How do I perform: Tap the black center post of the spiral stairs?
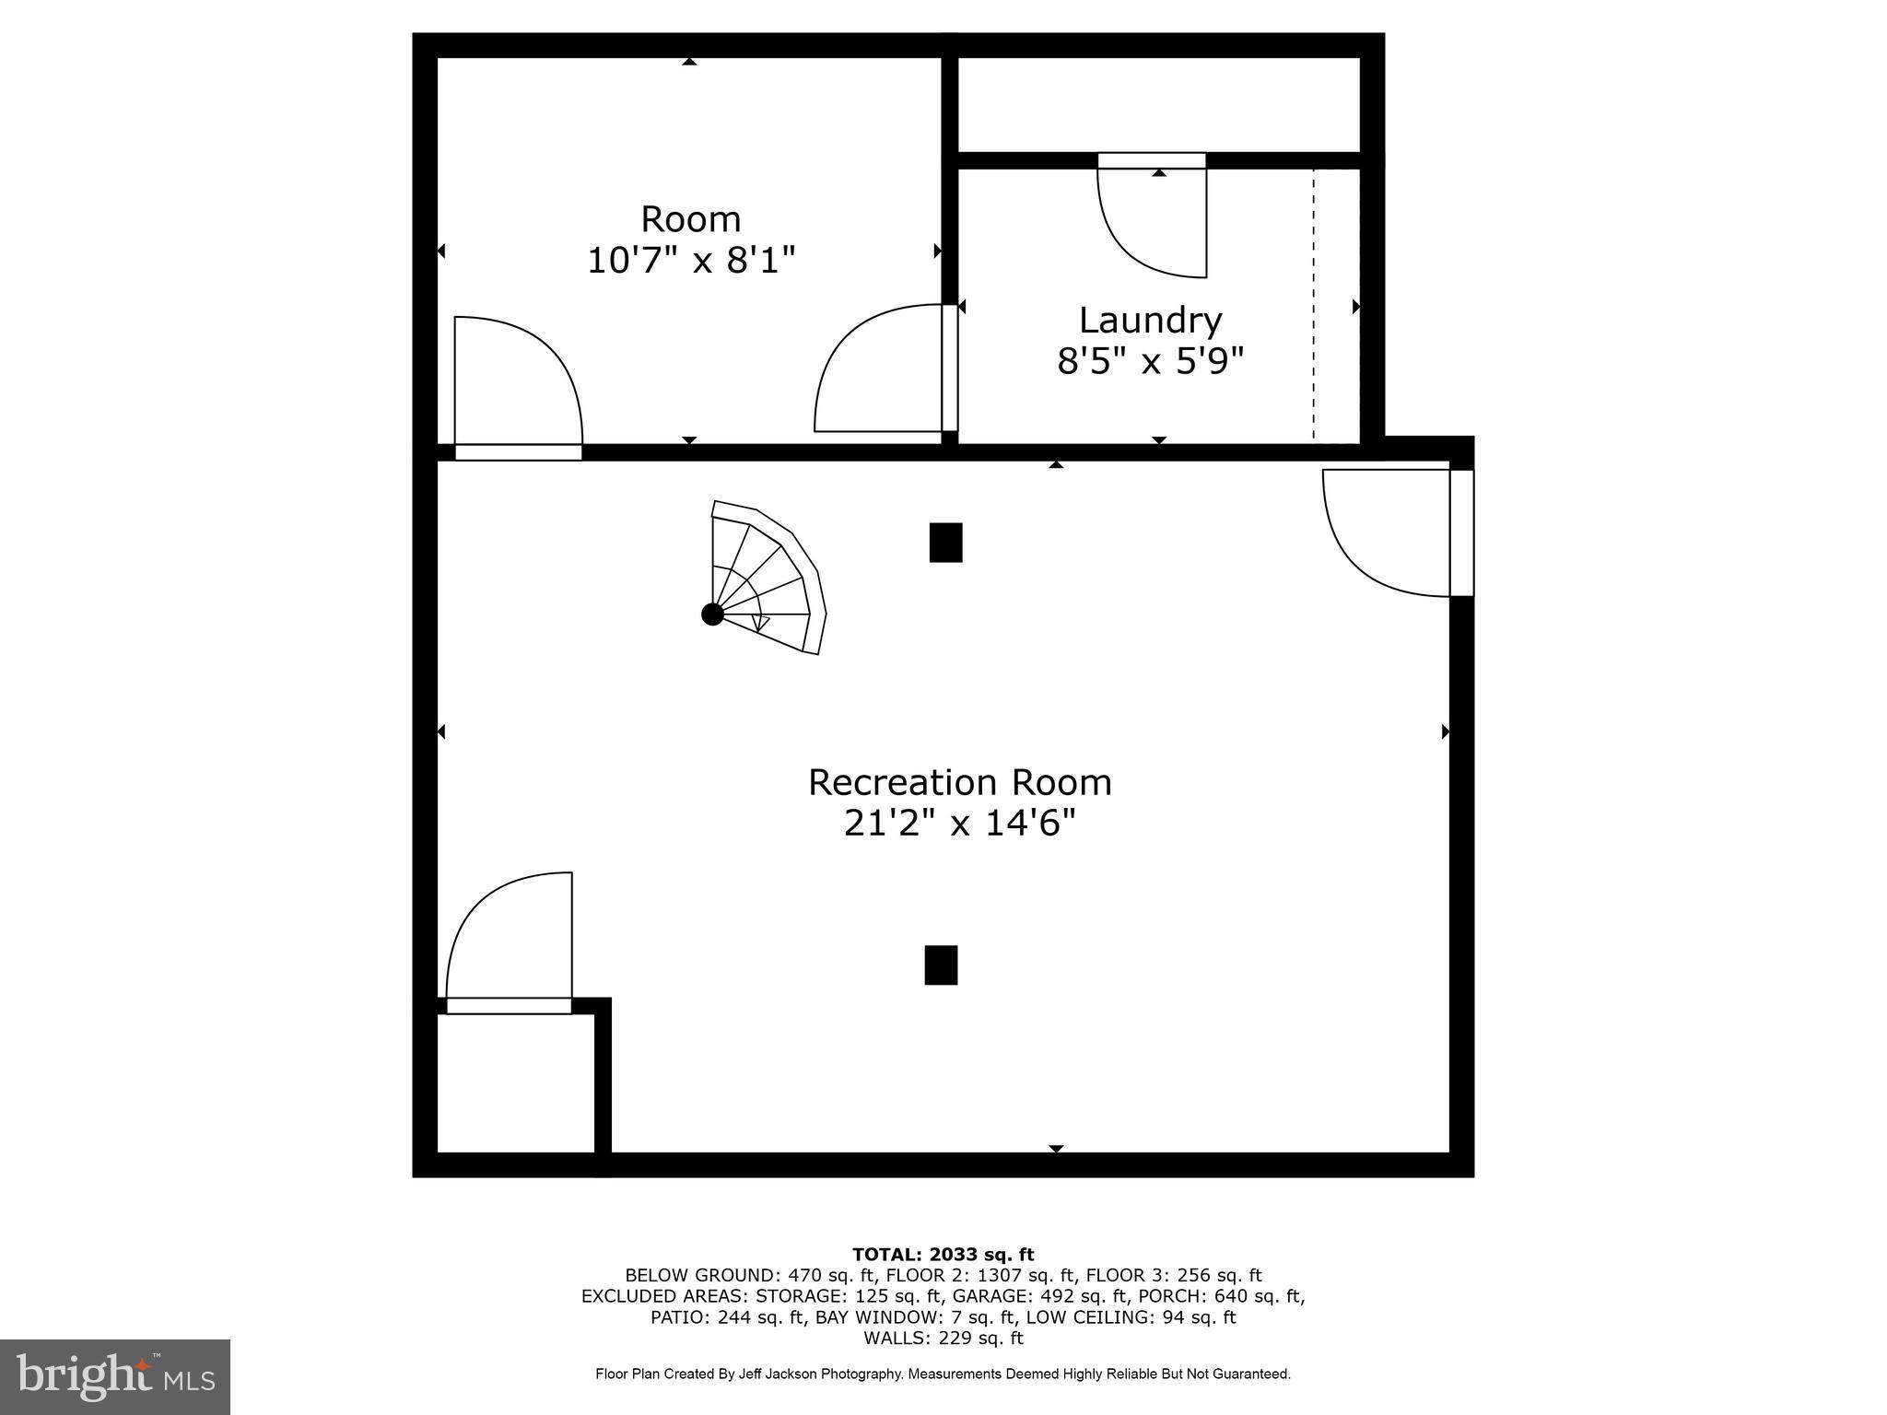(x=712, y=614)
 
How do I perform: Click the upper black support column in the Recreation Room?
(x=945, y=543)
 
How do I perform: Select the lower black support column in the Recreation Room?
(x=941, y=965)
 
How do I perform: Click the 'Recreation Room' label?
(x=959, y=783)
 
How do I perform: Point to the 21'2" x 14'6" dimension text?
(x=959, y=823)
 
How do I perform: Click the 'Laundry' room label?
(x=1150, y=321)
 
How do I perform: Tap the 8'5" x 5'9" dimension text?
(x=1150, y=361)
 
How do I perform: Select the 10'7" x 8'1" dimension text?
(x=690, y=261)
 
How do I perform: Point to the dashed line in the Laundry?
(x=1314, y=304)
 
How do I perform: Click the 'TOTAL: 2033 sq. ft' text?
(x=943, y=1255)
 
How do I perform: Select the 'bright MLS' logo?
(x=115, y=1377)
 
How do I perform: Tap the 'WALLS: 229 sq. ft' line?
(x=943, y=1338)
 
